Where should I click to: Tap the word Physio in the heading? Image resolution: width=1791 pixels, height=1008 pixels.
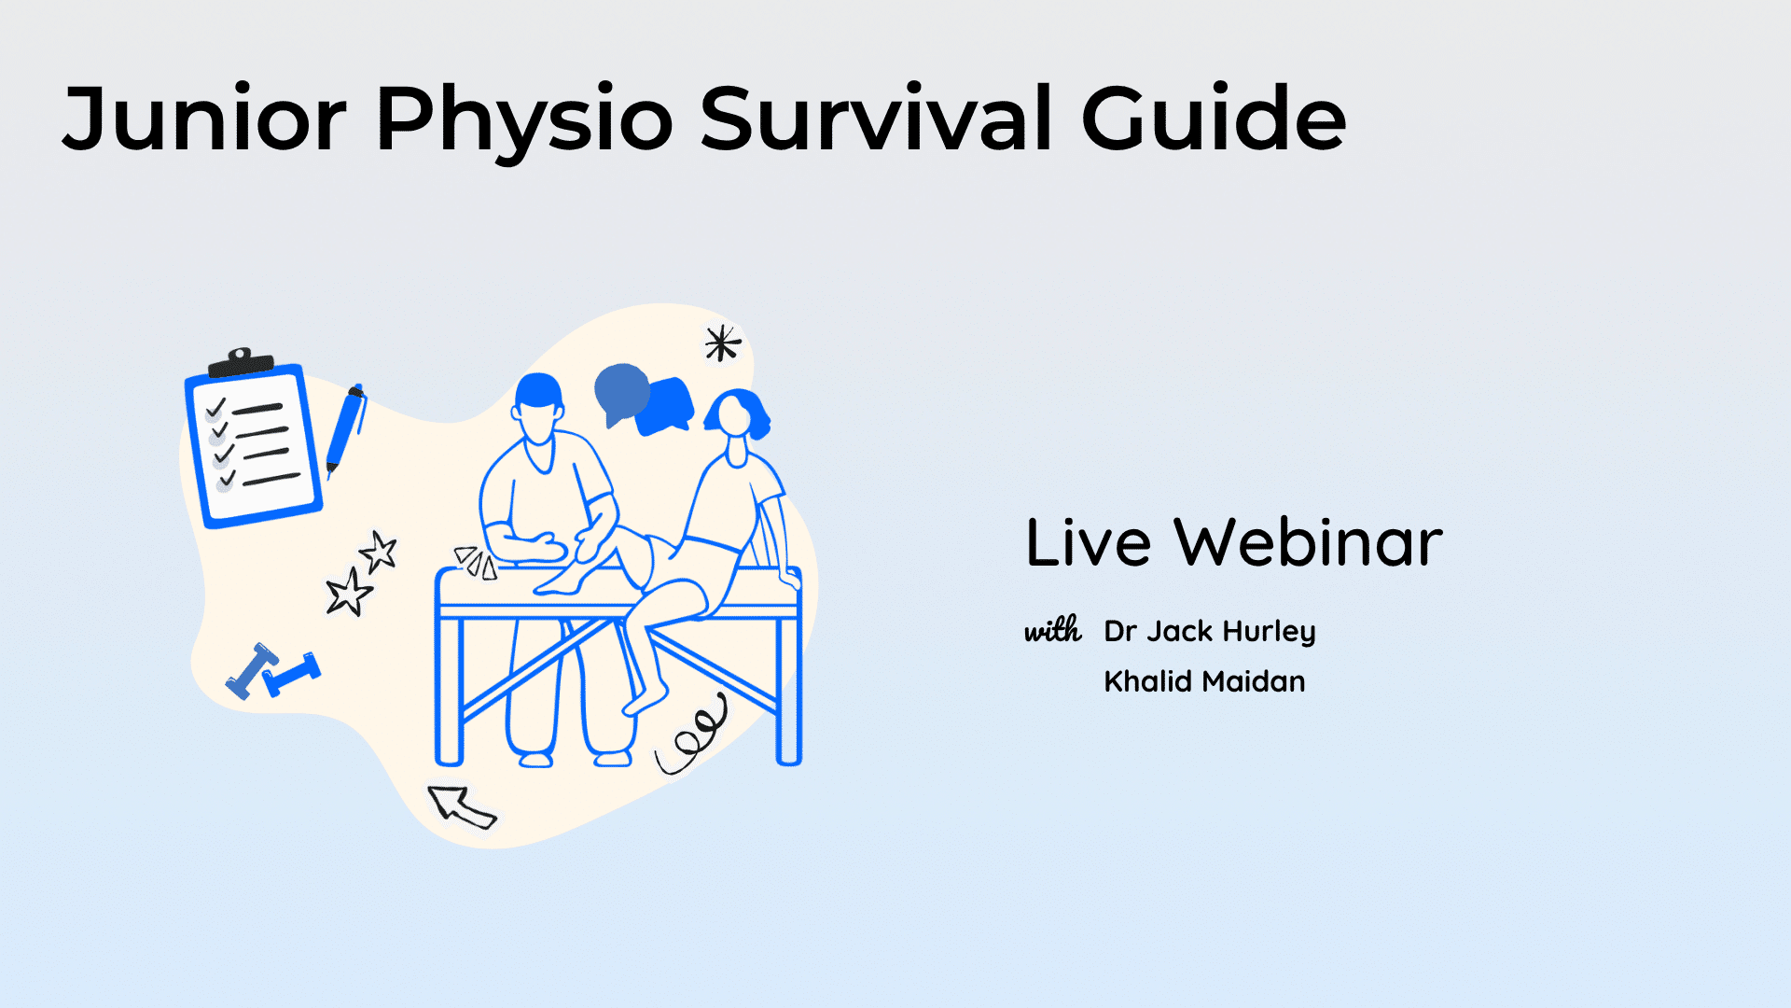(524, 124)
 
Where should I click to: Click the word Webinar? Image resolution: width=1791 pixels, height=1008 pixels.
(1308, 542)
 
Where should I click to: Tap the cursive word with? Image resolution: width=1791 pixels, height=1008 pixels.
(1053, 630)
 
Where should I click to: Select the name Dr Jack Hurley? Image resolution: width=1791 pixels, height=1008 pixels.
(1210, 632)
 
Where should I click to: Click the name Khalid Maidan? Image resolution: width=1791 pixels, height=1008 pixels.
(1204, 681)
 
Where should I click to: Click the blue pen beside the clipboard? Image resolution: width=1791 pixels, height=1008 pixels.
(346, 429)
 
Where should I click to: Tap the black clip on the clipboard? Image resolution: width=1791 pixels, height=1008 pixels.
(241, 362)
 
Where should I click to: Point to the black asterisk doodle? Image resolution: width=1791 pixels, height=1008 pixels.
(722, 343)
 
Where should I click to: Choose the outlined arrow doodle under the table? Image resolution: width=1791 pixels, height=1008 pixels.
(461, 806)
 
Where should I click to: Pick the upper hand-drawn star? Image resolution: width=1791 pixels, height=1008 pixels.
(379, 552)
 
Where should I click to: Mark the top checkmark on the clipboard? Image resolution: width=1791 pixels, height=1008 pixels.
(216, 408)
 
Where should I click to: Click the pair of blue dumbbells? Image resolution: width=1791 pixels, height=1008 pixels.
(272, 671)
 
